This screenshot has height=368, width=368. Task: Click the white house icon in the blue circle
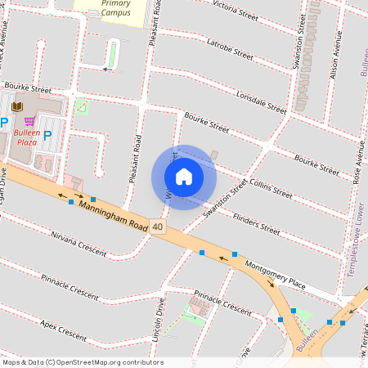(184, 177)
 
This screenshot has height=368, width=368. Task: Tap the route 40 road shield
(157, 227)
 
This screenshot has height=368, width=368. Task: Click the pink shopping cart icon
(29, 121)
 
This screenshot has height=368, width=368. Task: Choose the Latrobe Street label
(231, 48)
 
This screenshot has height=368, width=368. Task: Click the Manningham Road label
(112, 214)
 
